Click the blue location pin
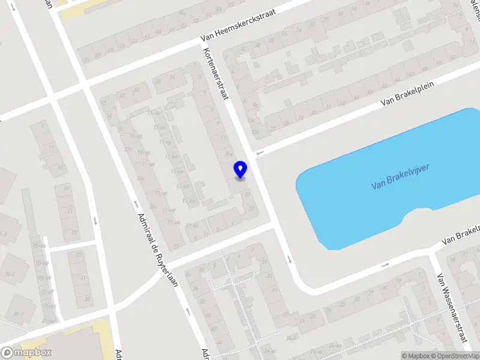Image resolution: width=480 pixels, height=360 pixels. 241,169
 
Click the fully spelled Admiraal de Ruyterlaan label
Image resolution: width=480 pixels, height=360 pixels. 158,250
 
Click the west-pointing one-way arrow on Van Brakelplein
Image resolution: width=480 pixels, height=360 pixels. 259,154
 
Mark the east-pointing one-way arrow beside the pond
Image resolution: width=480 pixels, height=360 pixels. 385,264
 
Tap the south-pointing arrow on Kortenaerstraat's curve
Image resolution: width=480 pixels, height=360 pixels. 290,259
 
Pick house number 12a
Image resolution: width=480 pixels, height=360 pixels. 256,131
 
